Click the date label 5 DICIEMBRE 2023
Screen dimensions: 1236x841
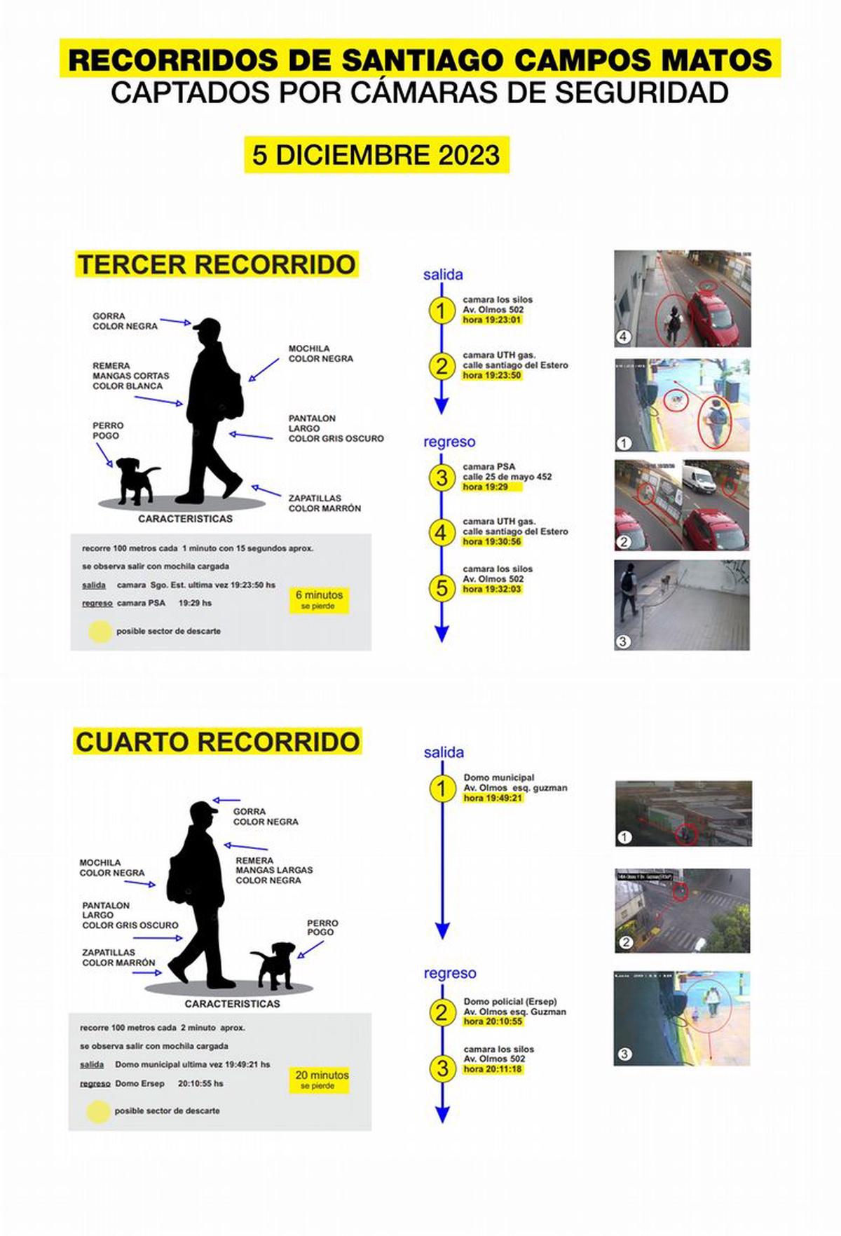pyautogui.click(x=376, y=155)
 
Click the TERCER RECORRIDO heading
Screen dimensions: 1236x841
pyautogui.click(x=217, y=264)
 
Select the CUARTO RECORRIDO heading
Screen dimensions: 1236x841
pyautogui.click(x=217, y=742)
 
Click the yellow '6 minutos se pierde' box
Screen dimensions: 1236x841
pyautogui.click(x=319, y=600)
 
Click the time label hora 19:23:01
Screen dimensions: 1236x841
pyautogui.click(x=492, y=320)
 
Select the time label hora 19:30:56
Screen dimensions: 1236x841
pyautogui.click(x=492, y=542)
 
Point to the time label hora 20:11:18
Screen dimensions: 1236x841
pyautogui.click(x=493, y=1069)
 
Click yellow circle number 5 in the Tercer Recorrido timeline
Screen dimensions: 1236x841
pyautogui.click(x=441, y=588)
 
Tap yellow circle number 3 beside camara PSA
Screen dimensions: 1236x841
pyautogui.click(x=441, y=477)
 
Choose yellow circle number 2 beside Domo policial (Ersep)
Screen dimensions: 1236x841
pyautogui.click(x=442, y=1012)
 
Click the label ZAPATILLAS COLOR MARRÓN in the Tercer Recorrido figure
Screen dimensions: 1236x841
pyautogui.click(x=324, y=503)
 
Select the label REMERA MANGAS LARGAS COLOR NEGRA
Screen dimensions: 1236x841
pyautogui.click(x=273, y=870)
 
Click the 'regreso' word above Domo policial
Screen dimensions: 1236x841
pyautogui.click(x=449, y=973)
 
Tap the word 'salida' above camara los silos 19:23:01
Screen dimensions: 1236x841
pyautogui.click(x=442, y=275)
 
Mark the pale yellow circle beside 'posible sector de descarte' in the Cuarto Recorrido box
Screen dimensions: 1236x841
pyautogui.click(x=98, y=1111)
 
